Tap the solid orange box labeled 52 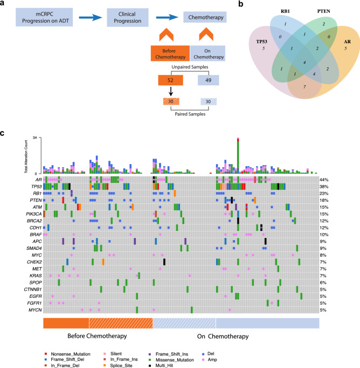(170, 80)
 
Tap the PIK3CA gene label (32, 213)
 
